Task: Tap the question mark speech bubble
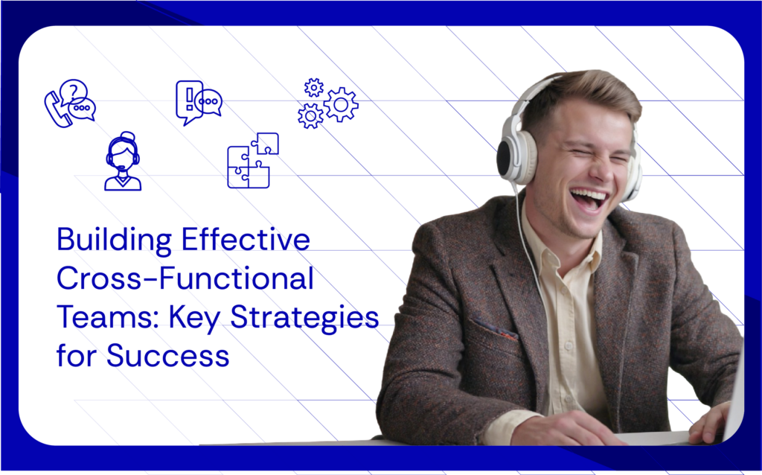(74, 92)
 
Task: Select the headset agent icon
(123, 162)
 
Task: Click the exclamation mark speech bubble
(188, 101)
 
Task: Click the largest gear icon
(341, 104)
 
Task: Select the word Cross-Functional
(185, 280)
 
